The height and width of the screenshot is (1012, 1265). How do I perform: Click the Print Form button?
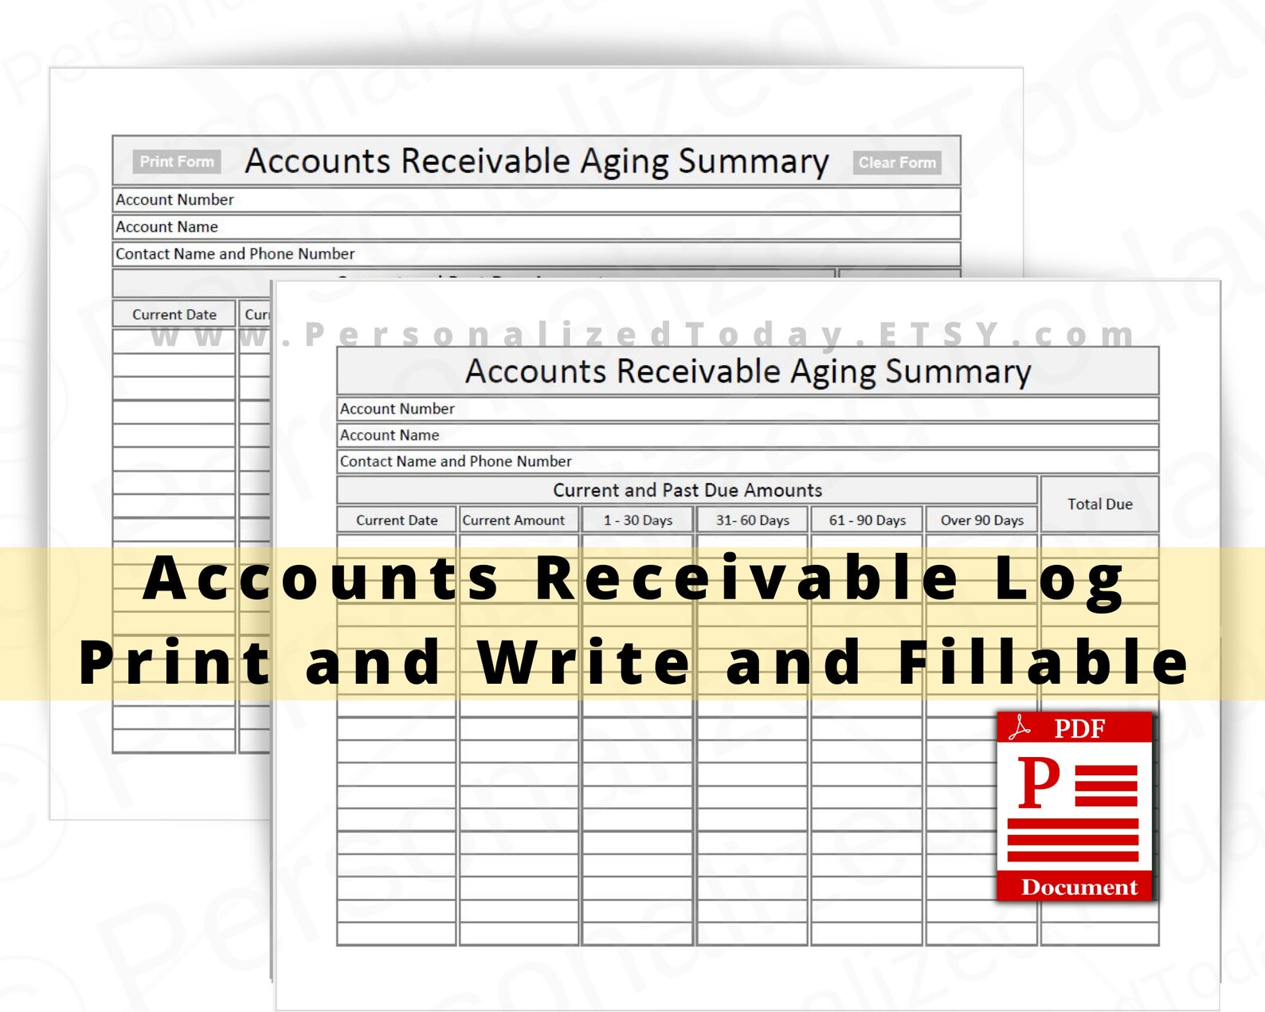[x=177, y=162]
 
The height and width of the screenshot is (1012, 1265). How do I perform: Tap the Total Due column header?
[x=1099, y=504]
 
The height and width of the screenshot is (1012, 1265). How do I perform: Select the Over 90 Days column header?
[x=981, y=520]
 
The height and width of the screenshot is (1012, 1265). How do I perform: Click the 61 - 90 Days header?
[x=867, y=520]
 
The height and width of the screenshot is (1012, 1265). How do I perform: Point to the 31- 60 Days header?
[x=752, y=520]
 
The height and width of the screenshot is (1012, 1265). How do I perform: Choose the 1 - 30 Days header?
[x=637, y=520]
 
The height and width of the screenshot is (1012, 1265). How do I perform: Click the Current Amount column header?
[x=514, y=520]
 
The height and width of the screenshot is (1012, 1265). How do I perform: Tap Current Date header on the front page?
[x=397, y=520]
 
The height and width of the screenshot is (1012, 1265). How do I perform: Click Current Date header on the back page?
[x=174, y=315]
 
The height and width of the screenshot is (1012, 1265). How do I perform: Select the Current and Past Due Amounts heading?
[x=687, y=490]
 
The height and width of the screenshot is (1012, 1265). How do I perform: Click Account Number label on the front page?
[x=398, y=409]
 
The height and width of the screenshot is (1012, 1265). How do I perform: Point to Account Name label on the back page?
[x=167, y=227]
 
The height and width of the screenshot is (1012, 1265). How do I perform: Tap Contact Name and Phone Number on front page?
[x=456, y=461]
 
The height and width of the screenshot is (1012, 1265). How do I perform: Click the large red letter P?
[x=1039, y=783]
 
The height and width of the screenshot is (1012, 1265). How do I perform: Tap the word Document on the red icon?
[x=1079, y=887]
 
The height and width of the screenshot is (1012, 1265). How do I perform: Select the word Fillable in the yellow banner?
[x=1044, y=662]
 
